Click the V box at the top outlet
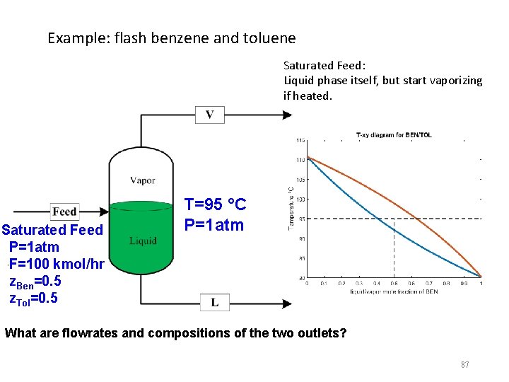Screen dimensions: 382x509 tap(209, 115)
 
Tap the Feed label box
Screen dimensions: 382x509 tap(65, 212)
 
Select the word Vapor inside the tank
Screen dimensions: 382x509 tap(143, 180)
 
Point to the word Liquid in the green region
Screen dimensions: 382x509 tap(143, 241)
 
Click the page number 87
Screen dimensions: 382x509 tap(464, 364)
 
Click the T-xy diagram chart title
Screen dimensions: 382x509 tap(394, 134)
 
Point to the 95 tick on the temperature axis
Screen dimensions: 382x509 tap(300, 219)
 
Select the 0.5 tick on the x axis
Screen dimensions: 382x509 tap(394, 283)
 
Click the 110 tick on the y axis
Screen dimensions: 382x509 tap(300, 160)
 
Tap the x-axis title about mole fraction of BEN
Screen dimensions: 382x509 tap(394, 291)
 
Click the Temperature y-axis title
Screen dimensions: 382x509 tap(291, 208)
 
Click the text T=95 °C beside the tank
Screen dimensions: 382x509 tap(215, 204)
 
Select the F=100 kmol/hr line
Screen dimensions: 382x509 tap(57, 264)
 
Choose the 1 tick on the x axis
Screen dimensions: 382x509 tap(481, 283)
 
